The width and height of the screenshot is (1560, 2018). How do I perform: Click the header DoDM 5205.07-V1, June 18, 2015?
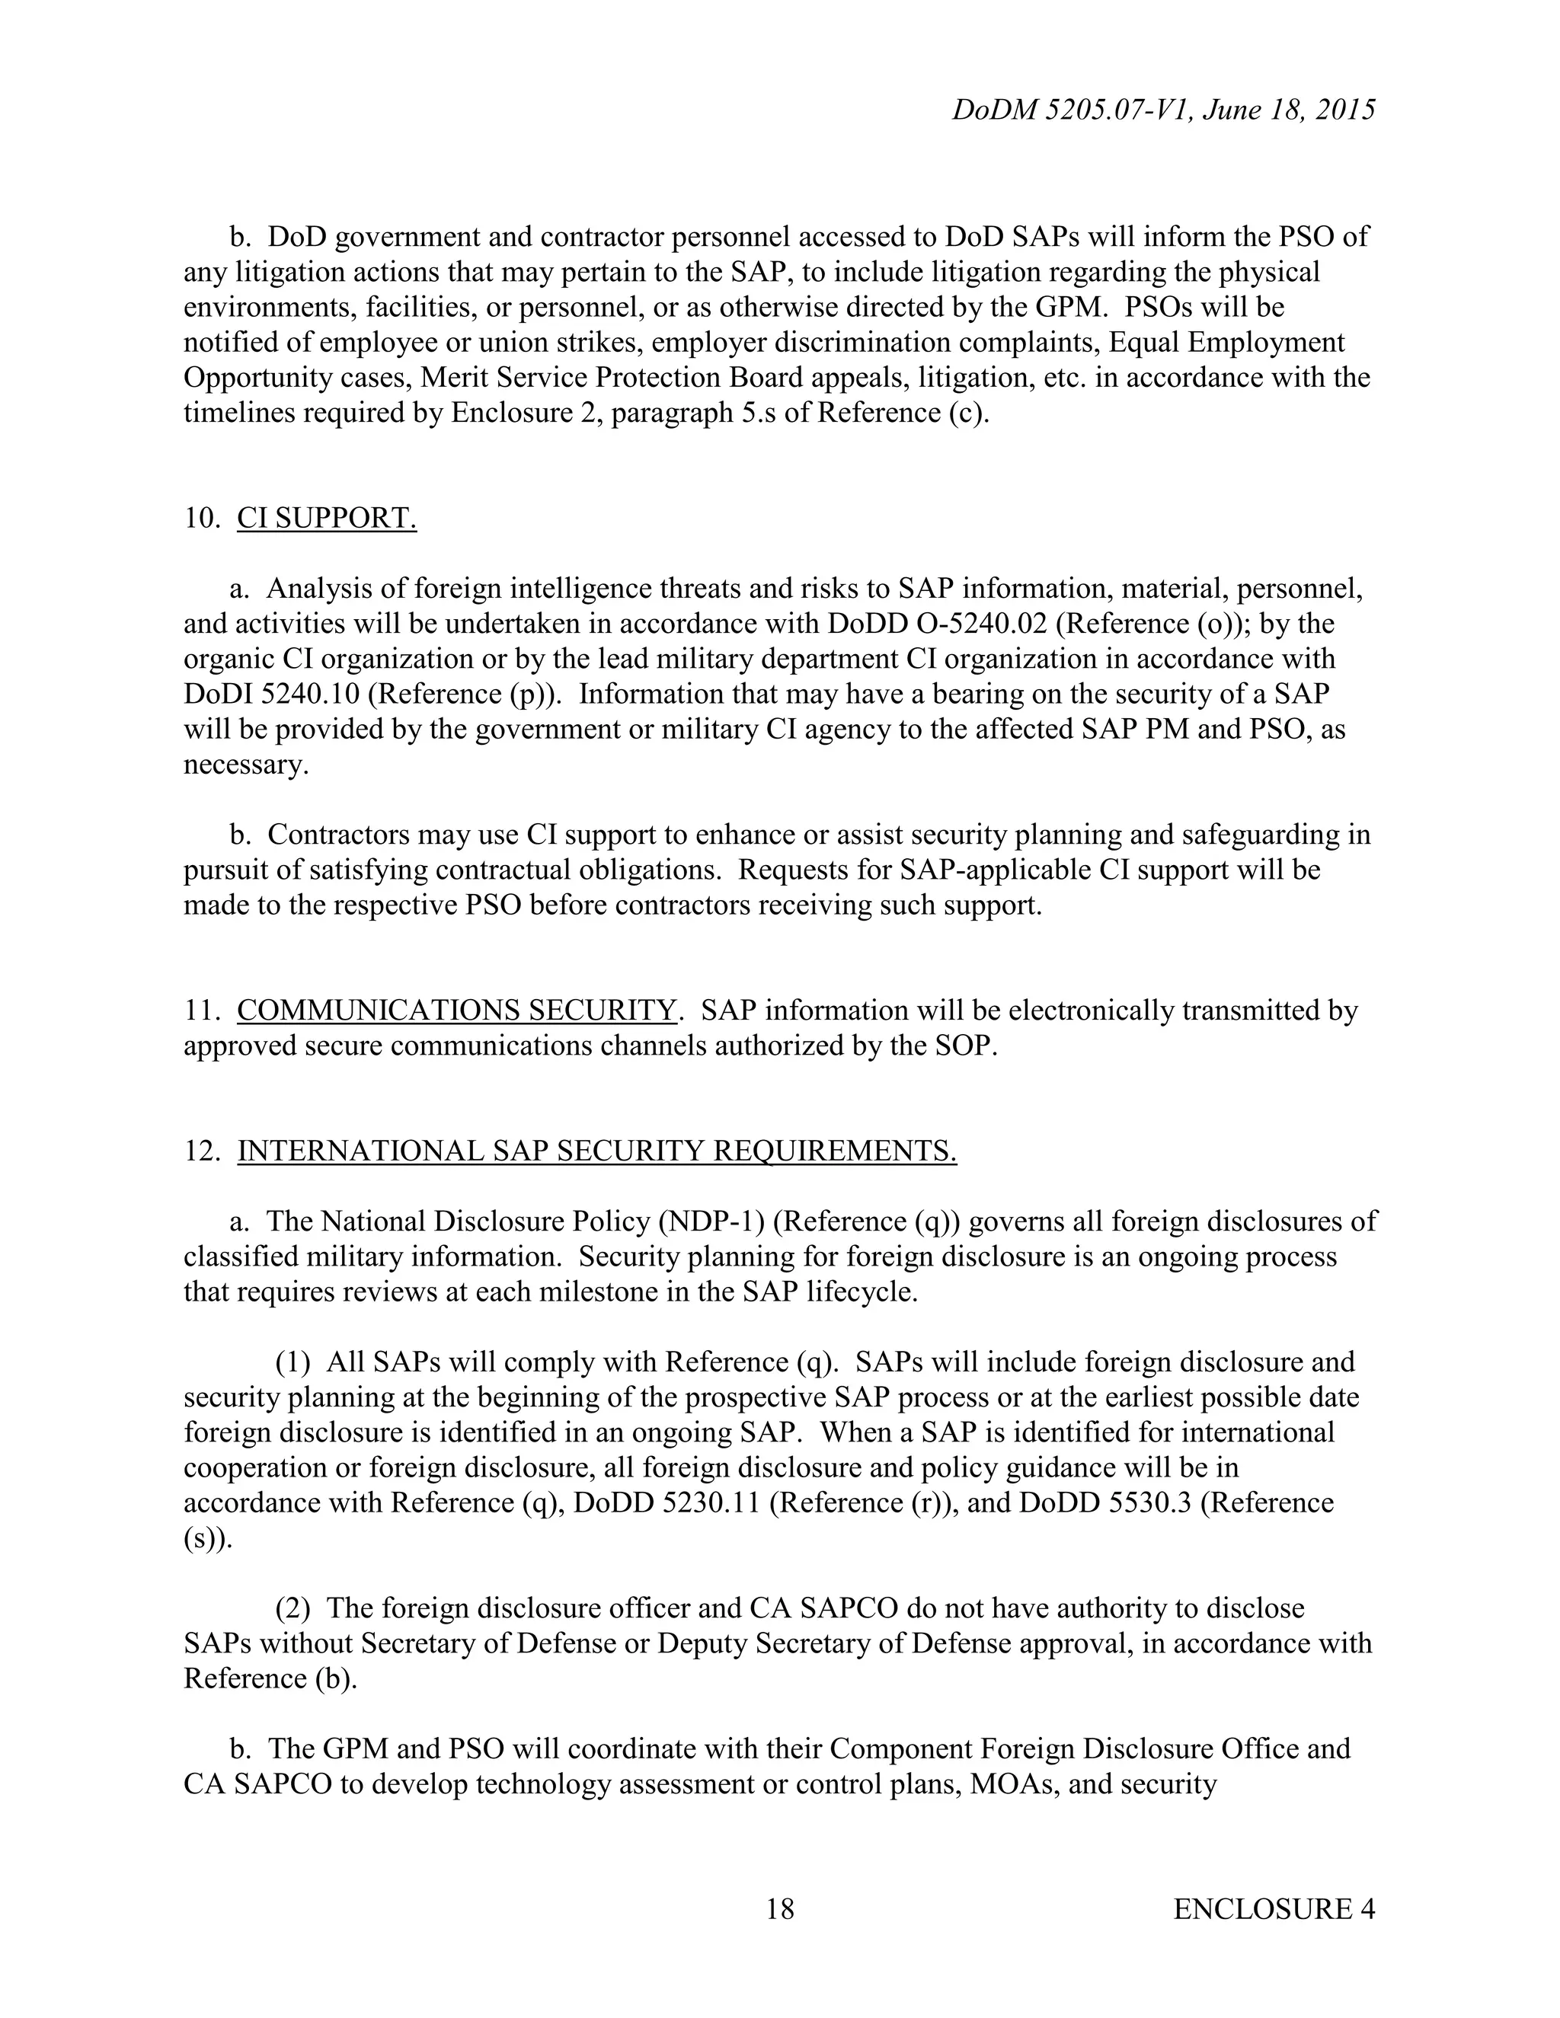coord(1162,110)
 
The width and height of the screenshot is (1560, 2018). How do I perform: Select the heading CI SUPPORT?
coord(326,519)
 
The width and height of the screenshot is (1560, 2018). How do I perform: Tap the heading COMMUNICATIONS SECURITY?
coord(456,1011)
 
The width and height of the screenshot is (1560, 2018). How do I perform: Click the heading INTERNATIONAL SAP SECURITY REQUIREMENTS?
coord(596,1151)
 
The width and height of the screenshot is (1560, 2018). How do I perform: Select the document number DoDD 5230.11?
coord(667,1502)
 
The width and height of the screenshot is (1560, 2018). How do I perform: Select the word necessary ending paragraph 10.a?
coord(245,765)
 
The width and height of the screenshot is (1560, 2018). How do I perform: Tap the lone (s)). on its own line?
coord(208,1538)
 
